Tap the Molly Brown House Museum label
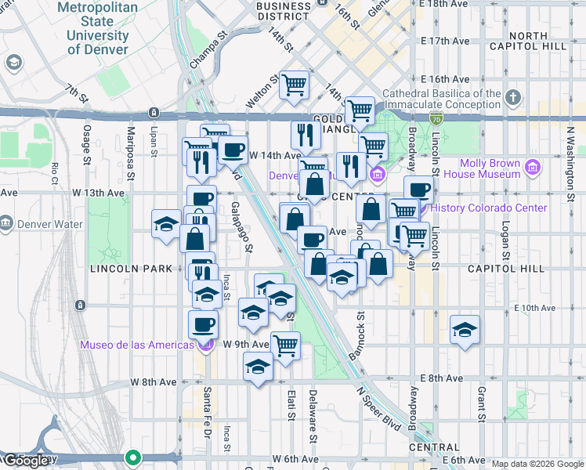pos(490,168)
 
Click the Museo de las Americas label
pos(136,345)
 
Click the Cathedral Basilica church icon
pos(513,98)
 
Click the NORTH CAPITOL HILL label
pos(537,41)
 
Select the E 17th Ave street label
pos(444,41)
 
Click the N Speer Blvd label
pos(378,408)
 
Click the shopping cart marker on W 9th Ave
pos(286,343)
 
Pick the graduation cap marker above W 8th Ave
pos(258,367)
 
